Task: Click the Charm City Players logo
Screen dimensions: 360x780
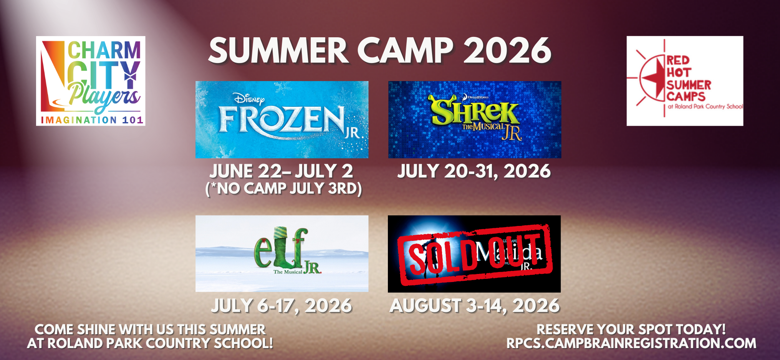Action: pyautogui.click(x=91, y=81)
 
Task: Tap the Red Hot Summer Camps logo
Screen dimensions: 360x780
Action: pyautogui.click(x=685, y=81)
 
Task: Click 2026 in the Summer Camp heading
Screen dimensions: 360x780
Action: pyautogui.click(x=507, y=51)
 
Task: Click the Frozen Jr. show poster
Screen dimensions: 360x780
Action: pyautogui.click(x=282, y=119)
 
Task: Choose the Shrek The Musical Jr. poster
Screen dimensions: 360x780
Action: pyautogui.click(x=475, y=119)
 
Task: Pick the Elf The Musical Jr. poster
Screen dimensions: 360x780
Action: pyautogui.click(x=282, y=254)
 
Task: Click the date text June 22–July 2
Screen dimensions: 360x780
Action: pyautogui.click(x=281, y=171)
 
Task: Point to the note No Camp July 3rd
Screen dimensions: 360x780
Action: pyautogui.click(x=283, y=189)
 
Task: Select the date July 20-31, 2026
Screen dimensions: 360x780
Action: pyautogui.click(x=474, y=171)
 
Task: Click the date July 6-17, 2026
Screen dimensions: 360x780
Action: pyautogui.click(x=281, y=306)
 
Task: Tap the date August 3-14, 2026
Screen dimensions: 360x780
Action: pyautogui.click(x=475, y=306)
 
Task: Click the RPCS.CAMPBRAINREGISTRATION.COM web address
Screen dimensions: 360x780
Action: pyautogui.click(x=631, y=343)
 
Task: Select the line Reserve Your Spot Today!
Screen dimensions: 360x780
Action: pyautogui.click(x=631, y=329)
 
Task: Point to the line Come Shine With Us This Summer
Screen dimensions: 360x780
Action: pyautogui.click(x=150, y=329)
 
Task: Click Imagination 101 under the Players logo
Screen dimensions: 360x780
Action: pyautogui.click(x=92, y=120)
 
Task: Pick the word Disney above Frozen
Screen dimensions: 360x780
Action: pyautogui.click(x=249, y=100)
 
